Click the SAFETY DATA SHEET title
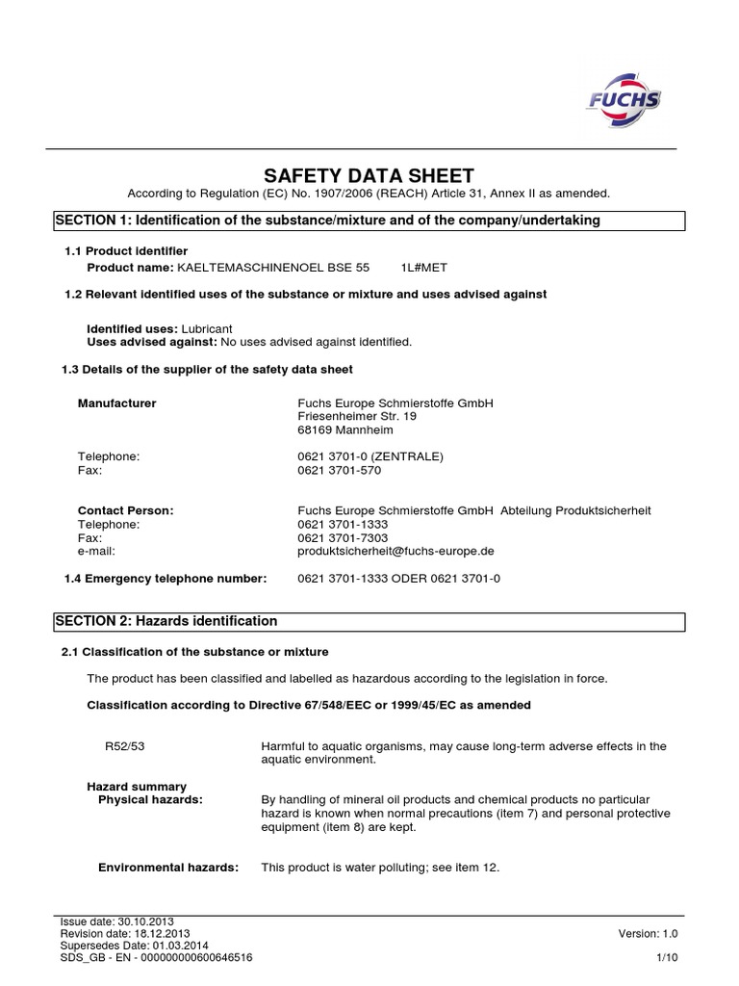(x=369, y=175)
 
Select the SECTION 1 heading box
(x=369, y=221)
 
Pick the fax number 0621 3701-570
(x=340, y=470)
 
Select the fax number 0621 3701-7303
(x=343, y=538)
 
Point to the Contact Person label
(x=125, y=510)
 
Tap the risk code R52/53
(x=122, y=746)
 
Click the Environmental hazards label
(x=168, y=868)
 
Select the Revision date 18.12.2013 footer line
(x=125, y=934)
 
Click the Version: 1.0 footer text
(x=649, y=934)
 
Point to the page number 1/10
(x=666, y=958)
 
